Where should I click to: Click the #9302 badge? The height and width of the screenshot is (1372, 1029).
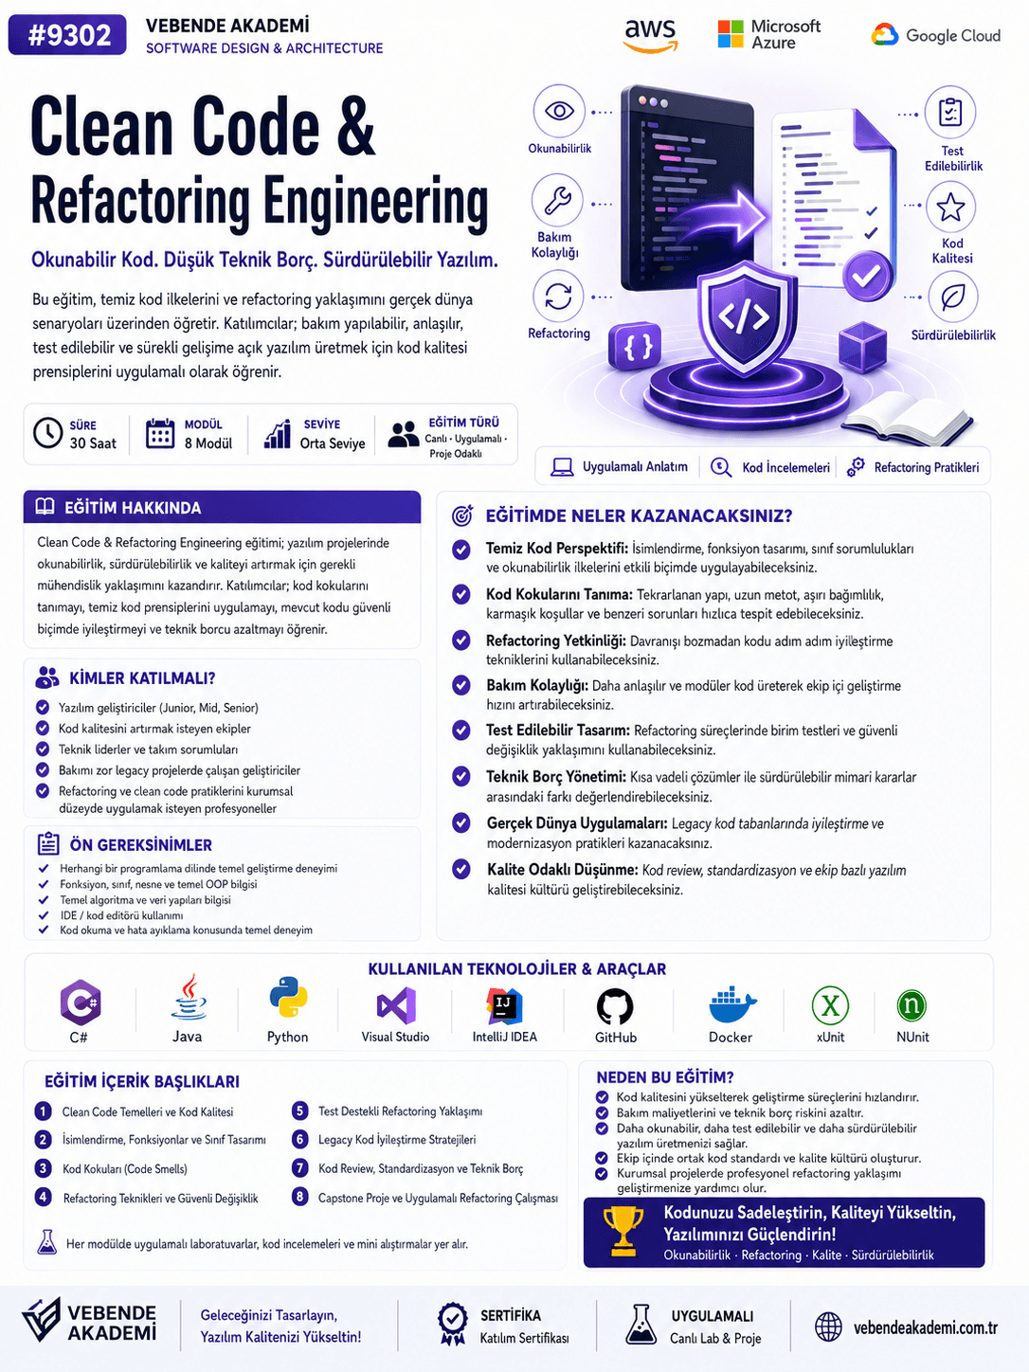[67, 35]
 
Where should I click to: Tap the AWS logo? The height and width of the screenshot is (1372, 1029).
[650, 35]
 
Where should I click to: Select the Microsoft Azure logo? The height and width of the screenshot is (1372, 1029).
[769, 34]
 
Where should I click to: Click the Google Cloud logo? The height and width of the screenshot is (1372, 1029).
[936, 35]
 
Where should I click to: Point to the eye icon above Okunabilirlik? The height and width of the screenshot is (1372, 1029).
[559, 111]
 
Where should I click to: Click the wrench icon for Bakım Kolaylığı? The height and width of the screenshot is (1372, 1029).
[557, 201]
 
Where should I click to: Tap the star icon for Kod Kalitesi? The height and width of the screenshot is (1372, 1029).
[950, 207]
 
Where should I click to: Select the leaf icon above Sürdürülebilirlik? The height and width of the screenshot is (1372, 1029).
[953, 297]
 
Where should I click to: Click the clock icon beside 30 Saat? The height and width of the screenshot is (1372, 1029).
[47, 432]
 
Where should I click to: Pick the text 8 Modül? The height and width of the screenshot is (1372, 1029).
[208, 443]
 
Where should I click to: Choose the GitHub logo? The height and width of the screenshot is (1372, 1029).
[615, 1006]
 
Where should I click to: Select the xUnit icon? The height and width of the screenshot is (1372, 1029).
[830, 1005]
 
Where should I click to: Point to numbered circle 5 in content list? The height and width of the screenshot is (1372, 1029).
[300, 1110]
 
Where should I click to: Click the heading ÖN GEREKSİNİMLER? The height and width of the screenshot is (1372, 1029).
[140, 845]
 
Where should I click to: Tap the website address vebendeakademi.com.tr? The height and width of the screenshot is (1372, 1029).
[926, 1327]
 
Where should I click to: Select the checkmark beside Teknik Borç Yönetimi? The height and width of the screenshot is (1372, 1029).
[461, 777]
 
